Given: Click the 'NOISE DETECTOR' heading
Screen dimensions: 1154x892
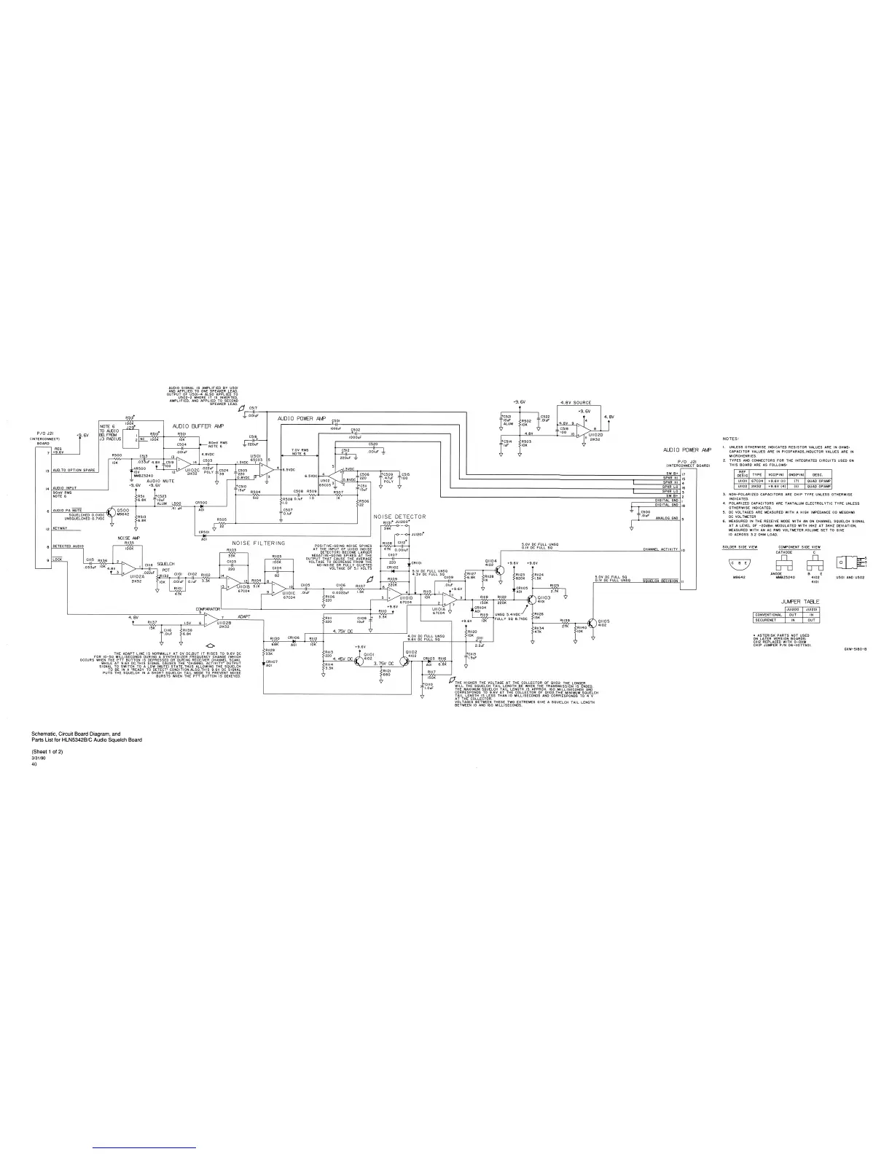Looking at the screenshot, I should (x=399, y=517).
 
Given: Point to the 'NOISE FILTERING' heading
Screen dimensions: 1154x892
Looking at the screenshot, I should (x=259, y=543).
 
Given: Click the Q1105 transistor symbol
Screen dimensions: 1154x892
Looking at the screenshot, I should (x=591, y=623).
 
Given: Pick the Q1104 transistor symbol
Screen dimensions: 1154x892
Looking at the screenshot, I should (x=502, y=566).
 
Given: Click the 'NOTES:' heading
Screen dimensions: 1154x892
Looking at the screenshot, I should (x=731, y=439).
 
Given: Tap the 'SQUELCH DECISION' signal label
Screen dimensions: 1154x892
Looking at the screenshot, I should (x=660, y=581).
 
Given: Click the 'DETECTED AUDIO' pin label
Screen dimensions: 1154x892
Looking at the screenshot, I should (x=68, y=546).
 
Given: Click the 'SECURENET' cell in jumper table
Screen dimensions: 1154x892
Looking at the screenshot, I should (x=767, y=620).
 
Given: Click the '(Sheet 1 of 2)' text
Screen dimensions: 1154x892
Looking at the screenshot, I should (x=47, y=750).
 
